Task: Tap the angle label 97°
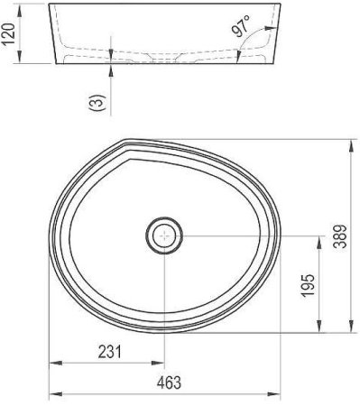pyautogui.click(x=240, y=28)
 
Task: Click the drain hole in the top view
pyautogui.click(x=163, y=236)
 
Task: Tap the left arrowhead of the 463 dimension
pyautogui.click(x=52, y=393)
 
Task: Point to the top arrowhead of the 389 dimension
pyautogui.click(x=349, y=143)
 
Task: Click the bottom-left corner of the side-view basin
pyautogui.click(x=60, y=64)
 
